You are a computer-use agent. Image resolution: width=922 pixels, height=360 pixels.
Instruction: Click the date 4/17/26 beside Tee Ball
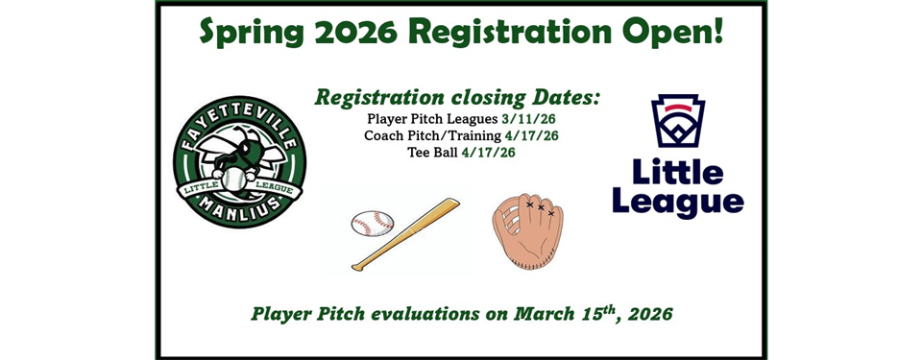click(488, 152)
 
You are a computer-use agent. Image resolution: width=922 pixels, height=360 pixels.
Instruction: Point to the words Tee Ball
click(432, 152)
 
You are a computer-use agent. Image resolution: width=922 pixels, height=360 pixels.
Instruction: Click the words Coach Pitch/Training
click(422, 136)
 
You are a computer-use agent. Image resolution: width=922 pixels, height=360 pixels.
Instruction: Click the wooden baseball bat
click(408, 232)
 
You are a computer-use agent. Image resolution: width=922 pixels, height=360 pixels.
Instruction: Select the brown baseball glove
click(527, 230)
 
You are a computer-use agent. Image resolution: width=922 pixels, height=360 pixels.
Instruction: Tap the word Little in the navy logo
click(678, 172)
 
